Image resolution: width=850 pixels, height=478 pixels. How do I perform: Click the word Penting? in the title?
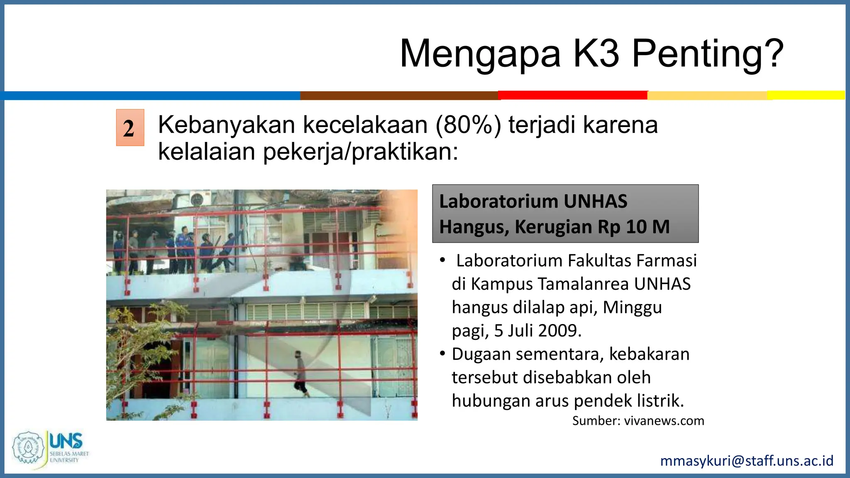click(x=708, y=54)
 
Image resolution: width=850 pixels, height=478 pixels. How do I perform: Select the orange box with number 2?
click(x=130, y=127)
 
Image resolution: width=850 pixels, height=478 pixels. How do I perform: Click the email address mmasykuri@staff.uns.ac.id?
click(x=747, y=461)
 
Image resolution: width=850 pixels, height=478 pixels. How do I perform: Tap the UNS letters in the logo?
click(x=66, y=441)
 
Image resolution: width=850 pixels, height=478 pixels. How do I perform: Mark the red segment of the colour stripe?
click(x=573, y=95)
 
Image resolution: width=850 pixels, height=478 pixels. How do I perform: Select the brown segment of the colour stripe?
click(x=399, y=95)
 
